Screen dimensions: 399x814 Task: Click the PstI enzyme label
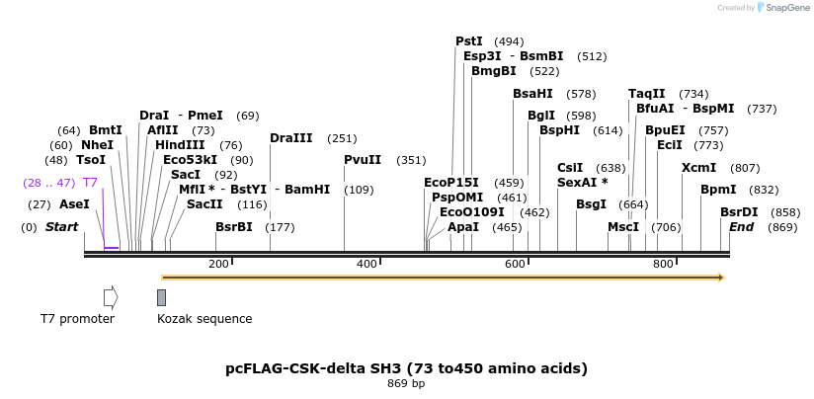[x=469, y=41]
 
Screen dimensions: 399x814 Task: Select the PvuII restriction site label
[x=363, y=160]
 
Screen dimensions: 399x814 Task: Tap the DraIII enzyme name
[x=290, y=138]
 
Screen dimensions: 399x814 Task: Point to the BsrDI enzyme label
[x=739, y=212]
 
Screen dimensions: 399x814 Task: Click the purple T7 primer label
[x=90, y=183]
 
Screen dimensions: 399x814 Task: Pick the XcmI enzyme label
[x=698, y=168]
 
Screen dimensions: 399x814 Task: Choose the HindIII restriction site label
[x=180, y=145]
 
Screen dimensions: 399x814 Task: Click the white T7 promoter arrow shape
[x=111, y=296]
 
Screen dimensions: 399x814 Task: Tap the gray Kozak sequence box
[x=161, y=297]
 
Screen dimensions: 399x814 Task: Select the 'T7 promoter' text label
[x=77, y=319]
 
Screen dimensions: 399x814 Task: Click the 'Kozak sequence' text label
[x=204, y=319]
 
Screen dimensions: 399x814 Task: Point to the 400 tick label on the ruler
[x=367, y=264]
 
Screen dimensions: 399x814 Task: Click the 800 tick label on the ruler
[x=663, y=264]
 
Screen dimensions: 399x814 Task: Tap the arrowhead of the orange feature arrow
[x=721, y=278]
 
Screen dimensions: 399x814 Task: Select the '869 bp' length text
[x=406, y=384]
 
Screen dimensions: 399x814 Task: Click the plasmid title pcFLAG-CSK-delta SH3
[x=406, y=368]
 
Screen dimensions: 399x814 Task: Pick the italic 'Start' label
[x=61, y=227]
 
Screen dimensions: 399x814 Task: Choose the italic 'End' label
[x=742, y=227]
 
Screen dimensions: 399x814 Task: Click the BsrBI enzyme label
[x=234, y=227]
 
